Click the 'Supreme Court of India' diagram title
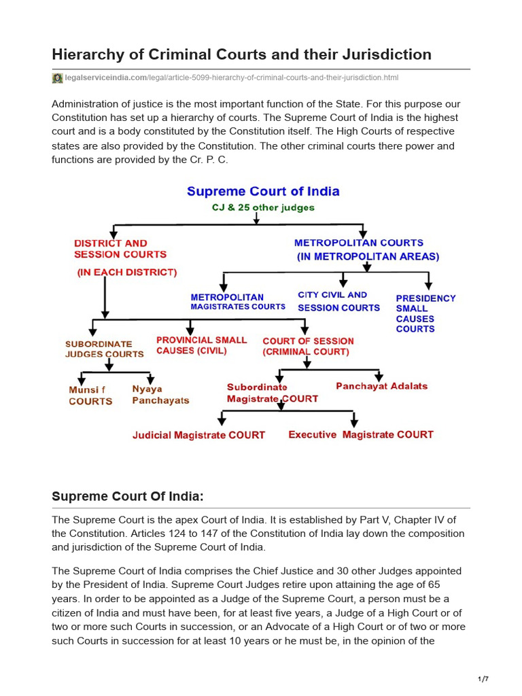[x=263, y=192]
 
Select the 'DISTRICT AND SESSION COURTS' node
[x=120, y=249]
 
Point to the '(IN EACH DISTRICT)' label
[x=126, y=272]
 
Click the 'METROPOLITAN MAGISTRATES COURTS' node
[x=238, y=302]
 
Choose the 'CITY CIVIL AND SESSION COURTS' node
[x=338, y=301]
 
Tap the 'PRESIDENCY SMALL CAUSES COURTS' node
[x=425, y=313]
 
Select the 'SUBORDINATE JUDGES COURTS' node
[x=104, y=349]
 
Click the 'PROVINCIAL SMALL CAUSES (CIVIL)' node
[x=202, y=345]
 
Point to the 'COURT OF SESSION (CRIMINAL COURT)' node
[x=308, y=347]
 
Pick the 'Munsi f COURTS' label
[x=90, y=396]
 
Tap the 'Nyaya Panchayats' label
[x=160, y=395]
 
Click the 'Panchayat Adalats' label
[x=382, y=386]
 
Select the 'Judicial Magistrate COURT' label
[x=198, y=435]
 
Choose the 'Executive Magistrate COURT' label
[x=361, y=435]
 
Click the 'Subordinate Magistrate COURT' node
[x=272, y=393]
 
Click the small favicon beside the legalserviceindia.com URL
[x=57, y=78]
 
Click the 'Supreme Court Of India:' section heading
[x=128, y=496]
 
